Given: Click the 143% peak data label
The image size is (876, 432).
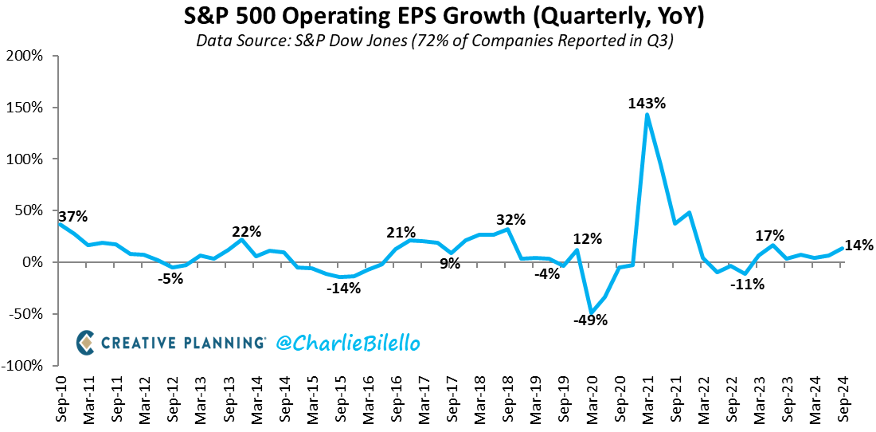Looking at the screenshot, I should tap(648, 103).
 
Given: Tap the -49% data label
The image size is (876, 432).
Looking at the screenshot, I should tap(591, 320).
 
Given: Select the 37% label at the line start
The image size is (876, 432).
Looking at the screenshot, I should tap(72, 217).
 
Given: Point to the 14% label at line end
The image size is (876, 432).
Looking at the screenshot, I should tap(858, 245).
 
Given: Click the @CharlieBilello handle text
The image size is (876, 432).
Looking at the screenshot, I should tap(348, 343).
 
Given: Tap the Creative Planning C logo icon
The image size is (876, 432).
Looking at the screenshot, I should tap(86, 343).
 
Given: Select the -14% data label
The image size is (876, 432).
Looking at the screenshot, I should tap(343, 289).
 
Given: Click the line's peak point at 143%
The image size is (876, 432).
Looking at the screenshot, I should tap(647, 115).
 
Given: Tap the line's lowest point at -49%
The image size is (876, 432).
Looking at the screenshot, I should tap(592, 312).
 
